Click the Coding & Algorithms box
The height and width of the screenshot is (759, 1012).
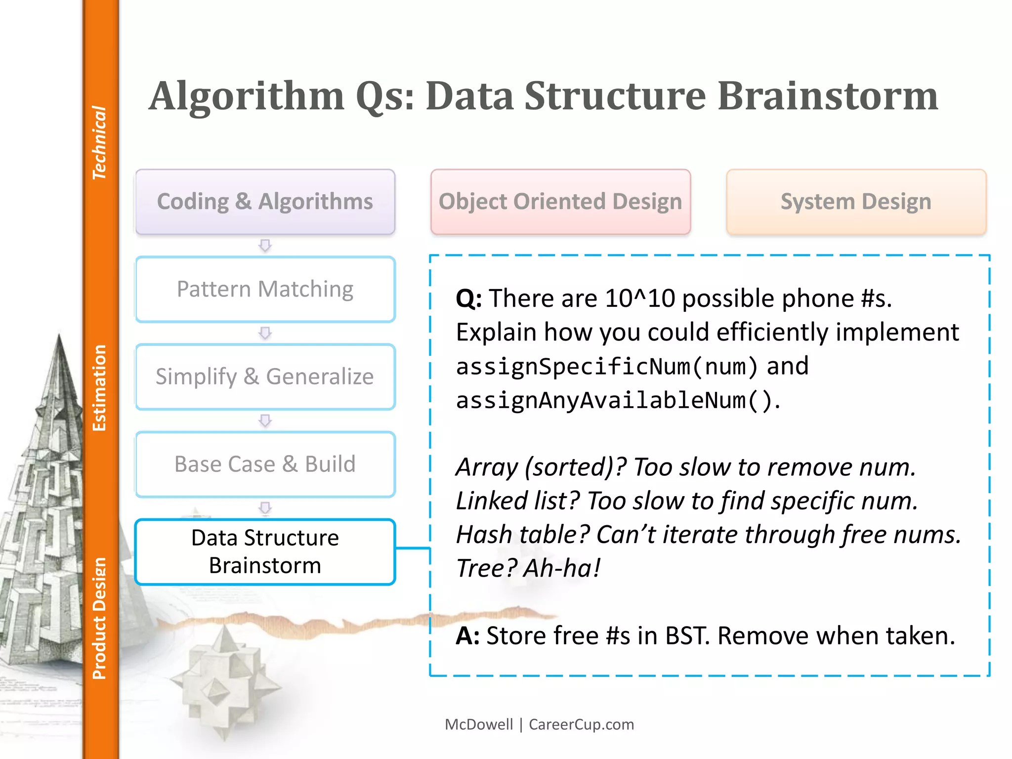click(265, 202)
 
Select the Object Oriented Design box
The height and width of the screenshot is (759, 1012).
click(560, 202)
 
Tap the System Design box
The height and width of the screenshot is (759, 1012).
click(856, 202)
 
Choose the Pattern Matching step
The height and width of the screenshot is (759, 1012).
click(265, 289)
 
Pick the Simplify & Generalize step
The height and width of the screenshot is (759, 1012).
click(265, 377)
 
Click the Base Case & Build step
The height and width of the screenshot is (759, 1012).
click(265, 464)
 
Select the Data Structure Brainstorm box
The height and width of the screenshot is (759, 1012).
click(265, 551)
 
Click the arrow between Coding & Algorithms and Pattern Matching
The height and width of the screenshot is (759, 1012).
click(265, 245)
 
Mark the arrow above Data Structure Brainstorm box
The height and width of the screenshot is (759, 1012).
click(265, 508)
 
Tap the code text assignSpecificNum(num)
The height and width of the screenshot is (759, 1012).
click(606, 367)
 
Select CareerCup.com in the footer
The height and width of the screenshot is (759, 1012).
click(581, 724)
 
